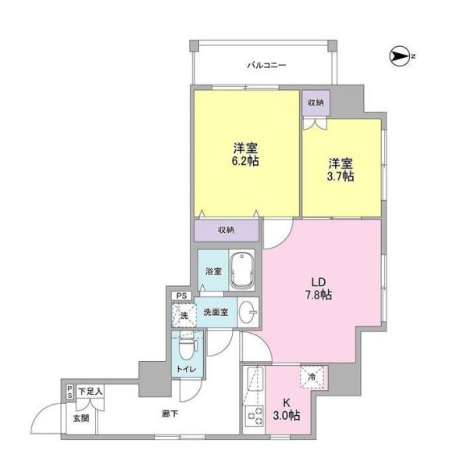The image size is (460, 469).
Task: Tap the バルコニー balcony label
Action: (x=266, y=65)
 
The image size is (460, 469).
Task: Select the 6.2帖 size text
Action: (x=245, y=161)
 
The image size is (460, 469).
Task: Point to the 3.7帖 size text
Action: (x=341, y=176)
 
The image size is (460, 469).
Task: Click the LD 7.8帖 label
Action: (x=319, y=288)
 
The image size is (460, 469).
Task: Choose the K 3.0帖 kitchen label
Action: (x=287, y=409)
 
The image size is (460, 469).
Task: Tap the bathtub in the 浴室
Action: (x=242, y=270)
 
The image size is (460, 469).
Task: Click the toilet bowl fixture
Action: (x=187, y=346)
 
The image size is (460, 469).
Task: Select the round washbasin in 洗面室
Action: (x=248, y=312)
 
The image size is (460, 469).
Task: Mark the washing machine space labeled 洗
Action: (x=184, y=315)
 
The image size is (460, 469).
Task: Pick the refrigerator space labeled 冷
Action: (x=312, y=377)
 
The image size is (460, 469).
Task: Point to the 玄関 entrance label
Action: (x=81, y=418)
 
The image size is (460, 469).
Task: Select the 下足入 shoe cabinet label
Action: (x=91, y=391)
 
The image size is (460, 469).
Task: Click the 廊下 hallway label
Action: (x=170, y=414)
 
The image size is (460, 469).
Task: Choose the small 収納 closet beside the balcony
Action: (x=316, y=102)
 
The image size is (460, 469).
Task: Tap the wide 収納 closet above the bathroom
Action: (x=226, y=230)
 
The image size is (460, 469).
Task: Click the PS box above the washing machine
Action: (x=181, y=295)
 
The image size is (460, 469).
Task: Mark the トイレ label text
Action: (x=187, y=369)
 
